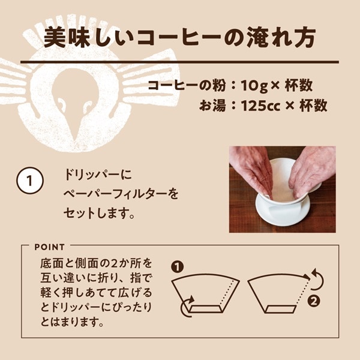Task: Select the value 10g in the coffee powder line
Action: tap(254, 85)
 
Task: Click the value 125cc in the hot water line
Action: tap(260, 106)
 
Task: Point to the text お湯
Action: tap(212, 106)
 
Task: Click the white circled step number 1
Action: tap(30, 181)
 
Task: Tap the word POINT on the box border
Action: tap(50, 247)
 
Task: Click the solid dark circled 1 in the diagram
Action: tap(177, 267)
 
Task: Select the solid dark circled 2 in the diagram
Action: tap(314, 301)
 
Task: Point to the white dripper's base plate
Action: tap(283, 212)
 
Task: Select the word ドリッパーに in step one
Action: tap(98, 175)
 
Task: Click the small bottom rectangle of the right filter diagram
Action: tap(280, 309)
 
